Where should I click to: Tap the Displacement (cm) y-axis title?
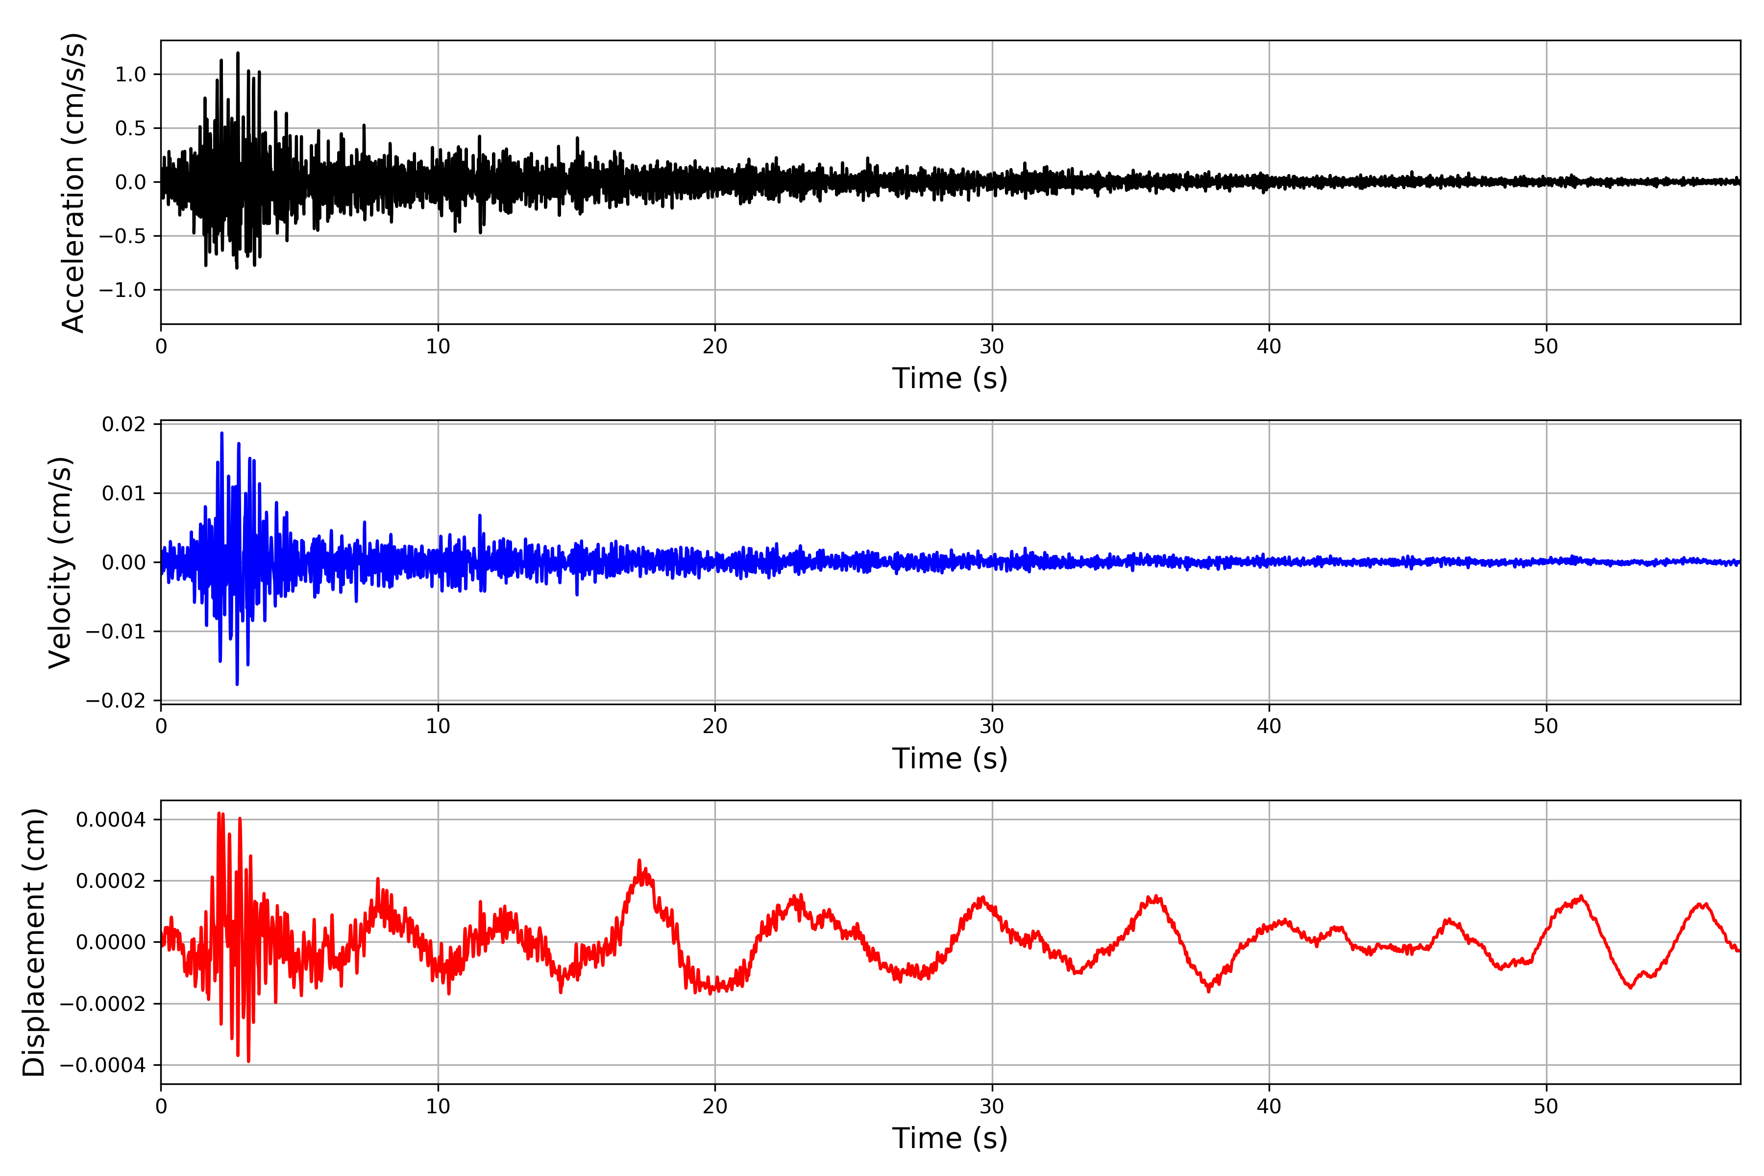[x=34, y=942]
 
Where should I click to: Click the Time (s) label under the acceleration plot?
[x=950, y=378]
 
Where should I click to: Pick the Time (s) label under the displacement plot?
[x=950, y=1138]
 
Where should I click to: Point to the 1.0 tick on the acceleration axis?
[x=130, y=74]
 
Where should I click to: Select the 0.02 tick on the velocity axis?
[x=124, y=424]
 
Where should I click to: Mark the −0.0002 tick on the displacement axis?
[x=103, y=1004]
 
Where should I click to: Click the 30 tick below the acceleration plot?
[x=991, y=346]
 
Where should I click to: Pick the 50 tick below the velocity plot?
[x=1546, y=726]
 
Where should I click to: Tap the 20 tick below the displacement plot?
[x=715, y=1106]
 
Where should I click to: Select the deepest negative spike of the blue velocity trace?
[x=237, y=684]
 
